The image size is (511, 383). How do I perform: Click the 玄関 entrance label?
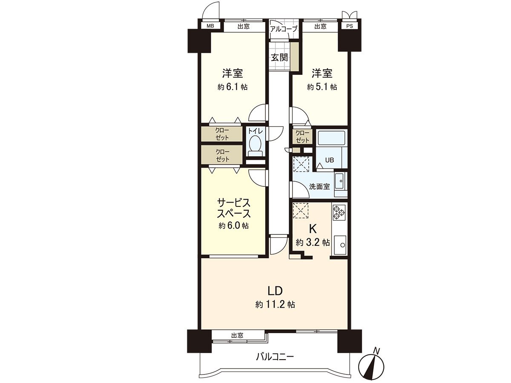(279, 57)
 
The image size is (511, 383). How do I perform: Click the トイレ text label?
(255, 131)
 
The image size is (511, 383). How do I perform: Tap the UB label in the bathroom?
(330, 160)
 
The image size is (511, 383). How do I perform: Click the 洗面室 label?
(319, 186)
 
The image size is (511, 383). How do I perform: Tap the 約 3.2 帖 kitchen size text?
(313, 243)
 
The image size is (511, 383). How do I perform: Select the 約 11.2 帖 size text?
(275, 305)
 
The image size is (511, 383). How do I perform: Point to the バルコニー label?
(275, 357)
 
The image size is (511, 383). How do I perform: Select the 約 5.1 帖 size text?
(322, 87)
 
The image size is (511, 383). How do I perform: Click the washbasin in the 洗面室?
(340, 182)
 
